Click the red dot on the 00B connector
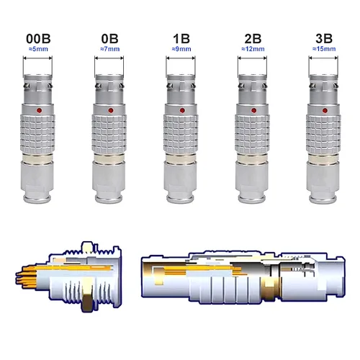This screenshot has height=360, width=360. [38, 111]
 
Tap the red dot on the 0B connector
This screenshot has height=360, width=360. [109, 111]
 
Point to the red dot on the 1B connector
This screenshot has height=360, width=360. [181, 111]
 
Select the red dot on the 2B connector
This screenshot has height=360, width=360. [253, 111]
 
